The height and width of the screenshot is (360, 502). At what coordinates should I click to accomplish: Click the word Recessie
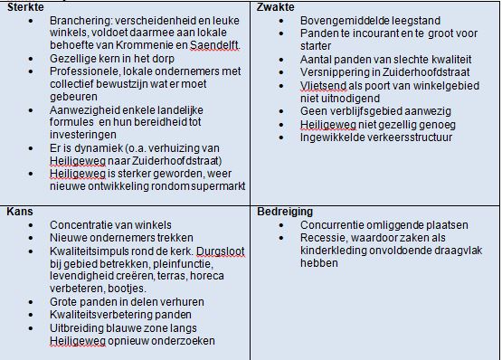pyautogui.click(x=323, y=237)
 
